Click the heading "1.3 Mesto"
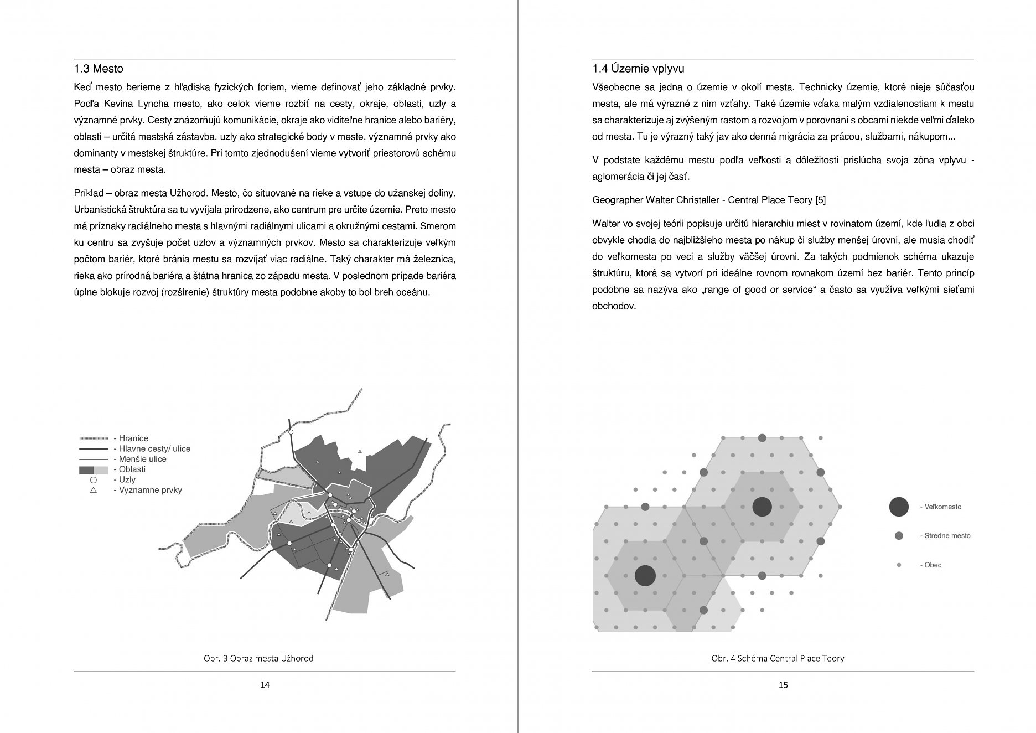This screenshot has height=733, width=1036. point(99,69)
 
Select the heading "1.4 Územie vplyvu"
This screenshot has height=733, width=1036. point(638,69)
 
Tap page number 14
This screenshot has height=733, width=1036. point(265,685)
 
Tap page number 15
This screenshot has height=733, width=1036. point(783,685)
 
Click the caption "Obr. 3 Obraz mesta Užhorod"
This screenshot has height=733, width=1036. point(258,658)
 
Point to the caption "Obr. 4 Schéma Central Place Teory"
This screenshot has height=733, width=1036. point(778,658)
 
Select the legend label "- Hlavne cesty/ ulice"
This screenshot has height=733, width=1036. point(152,449)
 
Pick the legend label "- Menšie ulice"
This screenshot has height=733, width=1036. point(139,459)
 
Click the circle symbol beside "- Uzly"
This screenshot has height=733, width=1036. point(94,480)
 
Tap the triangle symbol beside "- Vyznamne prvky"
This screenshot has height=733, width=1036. point(94,490)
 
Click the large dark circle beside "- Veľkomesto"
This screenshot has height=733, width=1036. point(899,507)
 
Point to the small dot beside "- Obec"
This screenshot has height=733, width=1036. point(899,565)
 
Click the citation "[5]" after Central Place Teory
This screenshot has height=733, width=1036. point(820,200)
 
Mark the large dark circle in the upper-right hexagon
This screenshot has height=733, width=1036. point(762,506)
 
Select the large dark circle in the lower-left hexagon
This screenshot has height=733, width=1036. point(645,576)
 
